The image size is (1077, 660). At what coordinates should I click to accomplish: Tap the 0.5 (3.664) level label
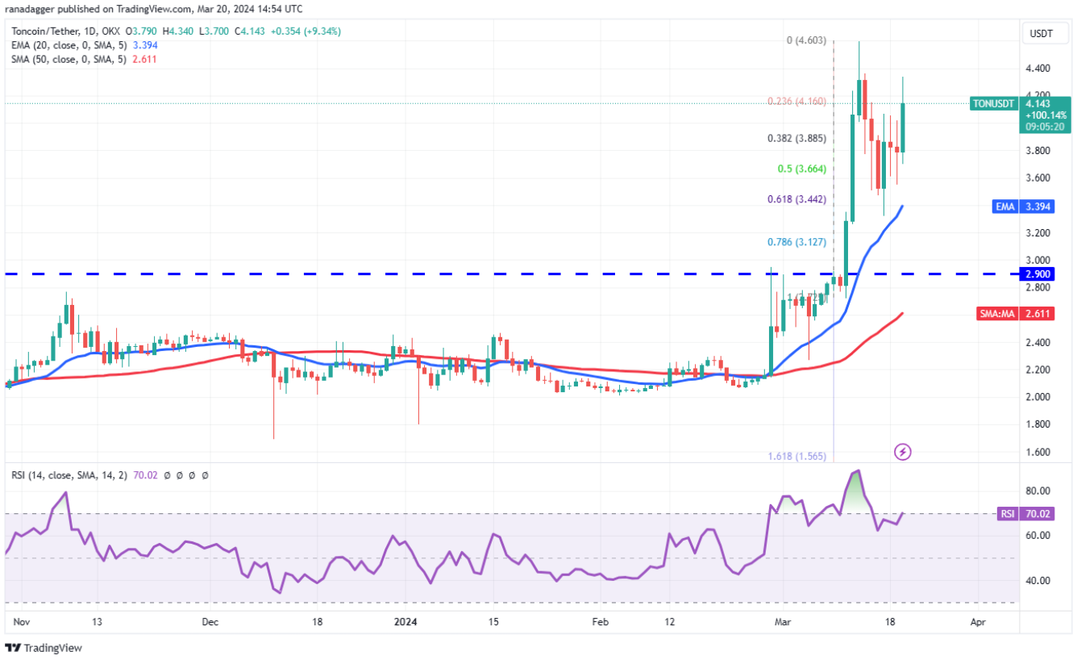point(798,169)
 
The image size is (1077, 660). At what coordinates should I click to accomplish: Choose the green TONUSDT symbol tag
point(994,103)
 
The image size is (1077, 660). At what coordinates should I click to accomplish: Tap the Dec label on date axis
point(210,622)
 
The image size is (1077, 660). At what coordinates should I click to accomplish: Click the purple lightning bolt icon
point(903,452)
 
